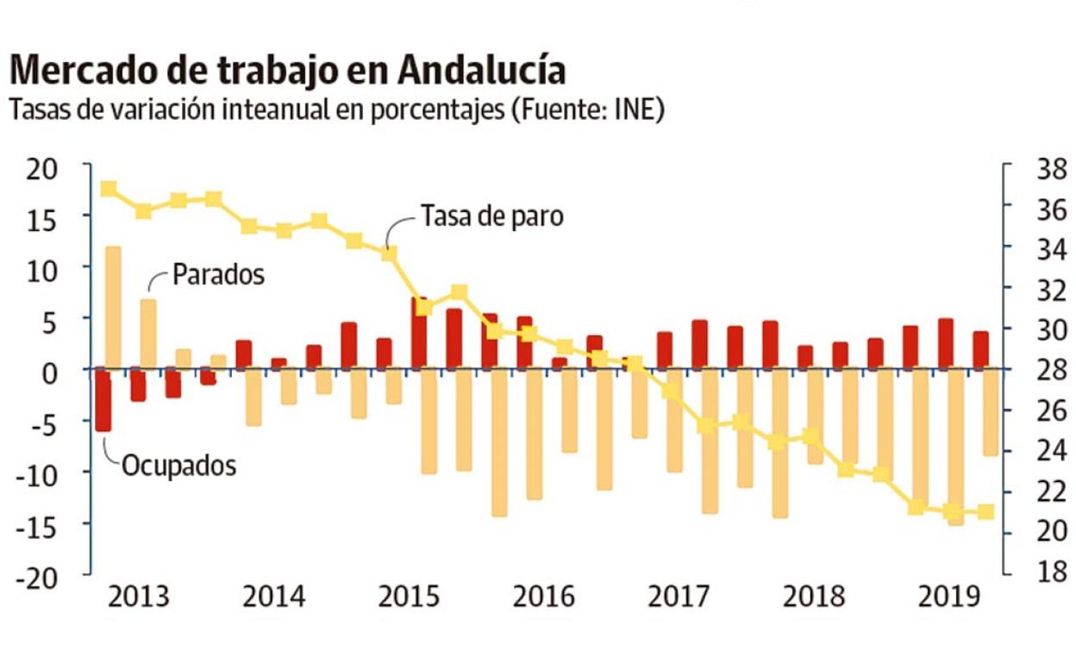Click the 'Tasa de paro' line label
491,215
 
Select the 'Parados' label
218,275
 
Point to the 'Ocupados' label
178,466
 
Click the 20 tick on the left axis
39,167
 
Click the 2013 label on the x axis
139,597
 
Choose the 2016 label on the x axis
544,597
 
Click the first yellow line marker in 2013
109,189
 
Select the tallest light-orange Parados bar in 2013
112,307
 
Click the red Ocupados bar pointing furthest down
103,400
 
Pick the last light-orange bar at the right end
991,412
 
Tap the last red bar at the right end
981,350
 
